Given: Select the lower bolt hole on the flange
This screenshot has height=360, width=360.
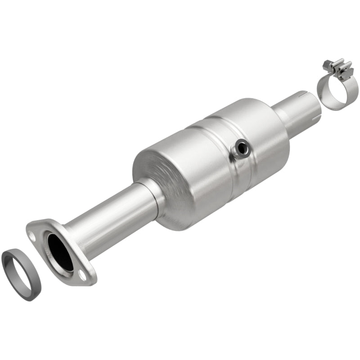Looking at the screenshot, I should pos(83,273).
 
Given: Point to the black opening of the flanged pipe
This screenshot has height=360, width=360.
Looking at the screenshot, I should pos(60,252).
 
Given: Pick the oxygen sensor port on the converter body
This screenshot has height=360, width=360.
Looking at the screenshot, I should pos(242,148).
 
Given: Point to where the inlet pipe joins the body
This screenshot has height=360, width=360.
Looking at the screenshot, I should pos(151,189).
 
